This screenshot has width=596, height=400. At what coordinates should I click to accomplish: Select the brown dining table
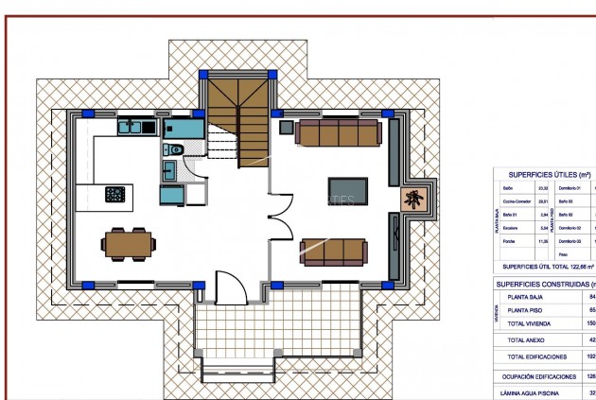tap(127, 243)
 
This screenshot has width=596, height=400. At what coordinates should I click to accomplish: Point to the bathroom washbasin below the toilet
tap(168, 170)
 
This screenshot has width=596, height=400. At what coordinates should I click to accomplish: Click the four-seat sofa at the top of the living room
tap(338, 132)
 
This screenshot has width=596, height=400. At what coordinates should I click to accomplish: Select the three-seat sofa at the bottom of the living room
tap(332, 251)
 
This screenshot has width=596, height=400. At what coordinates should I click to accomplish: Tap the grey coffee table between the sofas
tap(346, 189)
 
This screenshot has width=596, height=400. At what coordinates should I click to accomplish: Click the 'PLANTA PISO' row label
tap(533, 309)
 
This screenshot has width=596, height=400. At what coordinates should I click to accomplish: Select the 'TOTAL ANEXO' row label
tap(529, 339)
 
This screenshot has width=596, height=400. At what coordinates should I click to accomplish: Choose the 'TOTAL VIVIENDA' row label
tap(534, 322)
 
